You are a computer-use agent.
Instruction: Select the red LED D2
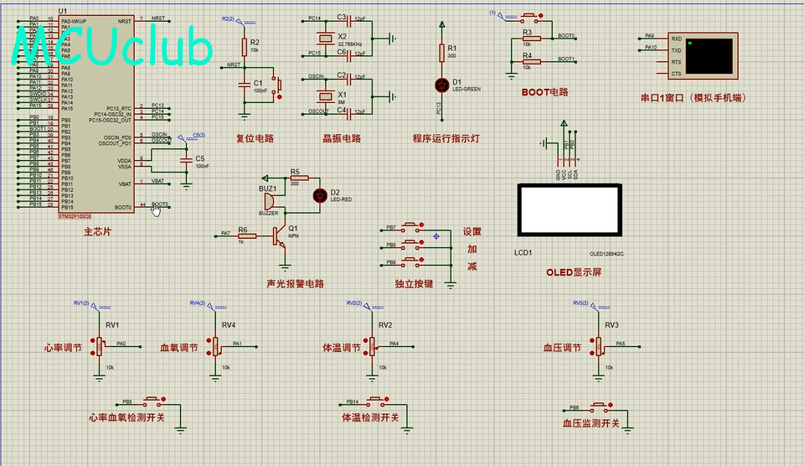click(x=319, y=195)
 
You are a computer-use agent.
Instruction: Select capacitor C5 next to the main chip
click(x=186, y=158)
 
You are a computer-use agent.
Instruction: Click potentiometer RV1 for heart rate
click(x=100, y=344)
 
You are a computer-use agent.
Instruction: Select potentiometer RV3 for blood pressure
click(x=599, y=344)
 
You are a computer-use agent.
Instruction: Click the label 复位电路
click(x=254, y=138)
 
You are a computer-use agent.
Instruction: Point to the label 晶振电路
click(x=341, y=138)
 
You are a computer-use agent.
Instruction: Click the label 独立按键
click(x=414, y=284)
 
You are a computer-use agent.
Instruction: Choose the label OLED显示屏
click(x=574, y=272)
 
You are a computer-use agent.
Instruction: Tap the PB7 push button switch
click(x=412, y=228)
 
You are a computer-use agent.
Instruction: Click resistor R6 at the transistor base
click(x=246, y=236)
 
